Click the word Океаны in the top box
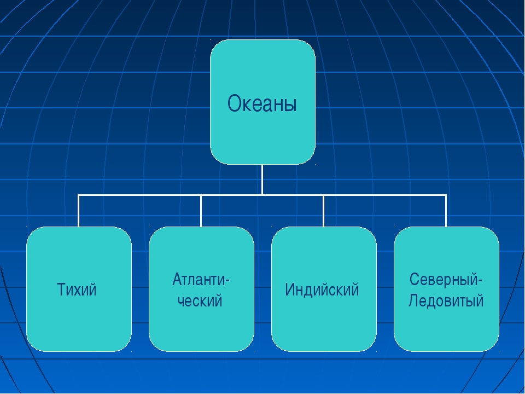click(x=262, y=103)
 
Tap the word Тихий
click(x=77, y=289)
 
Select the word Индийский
click(x=322, y=289)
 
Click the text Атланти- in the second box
click(x=201, y=279)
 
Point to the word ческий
click(x=200, y=300)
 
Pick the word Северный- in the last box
click(x=446, y=279)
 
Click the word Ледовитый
click(x=446, y=300)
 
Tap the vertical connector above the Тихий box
click(x=78, y=211)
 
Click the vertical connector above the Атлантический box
click(x=201, y=211)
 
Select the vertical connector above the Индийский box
click(x=323, y=211)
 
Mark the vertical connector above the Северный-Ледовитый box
click(x=446, y=211)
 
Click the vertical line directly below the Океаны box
click(x=262, y=179)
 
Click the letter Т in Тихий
click(x=61, y=289)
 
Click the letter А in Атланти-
click(x=177, y=279)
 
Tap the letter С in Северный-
click(x=414, y=279)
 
